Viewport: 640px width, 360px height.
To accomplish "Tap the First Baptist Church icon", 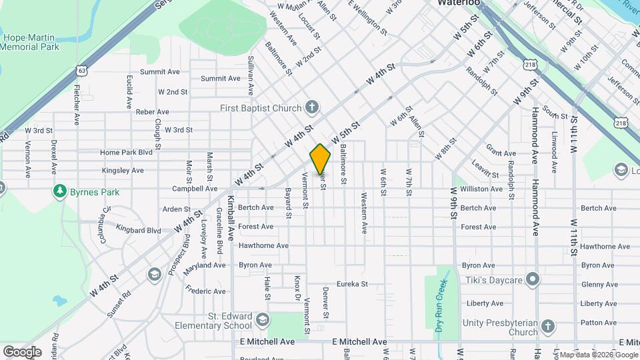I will click(x=311, y=107).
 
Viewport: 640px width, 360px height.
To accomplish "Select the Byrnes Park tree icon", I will click(x=60, y=192).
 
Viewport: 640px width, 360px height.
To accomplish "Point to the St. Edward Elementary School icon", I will click(x=262, y=321).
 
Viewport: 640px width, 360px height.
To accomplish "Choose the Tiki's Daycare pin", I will click(x=532, y=279).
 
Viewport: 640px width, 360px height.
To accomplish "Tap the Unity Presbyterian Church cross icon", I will click(x=547, y=326).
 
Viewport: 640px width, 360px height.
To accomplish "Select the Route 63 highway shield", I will click(x=81, y=69).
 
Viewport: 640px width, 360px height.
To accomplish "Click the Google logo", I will click(x=22, y=351).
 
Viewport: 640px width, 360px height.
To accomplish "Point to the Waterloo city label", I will click(x=459, y=3).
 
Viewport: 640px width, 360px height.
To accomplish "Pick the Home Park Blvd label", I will click(x=127, y=153).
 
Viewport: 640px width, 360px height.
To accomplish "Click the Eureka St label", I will click(x=352, y=284).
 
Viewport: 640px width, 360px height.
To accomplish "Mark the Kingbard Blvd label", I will click(x=138, y=231).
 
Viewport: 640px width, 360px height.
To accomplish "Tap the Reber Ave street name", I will click(x=153, y=112).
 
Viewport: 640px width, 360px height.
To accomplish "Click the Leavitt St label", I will click(x=485, y=169).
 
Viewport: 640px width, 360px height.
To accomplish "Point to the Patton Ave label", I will click(x=598, y=323).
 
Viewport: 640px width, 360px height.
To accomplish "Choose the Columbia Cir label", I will click(x=104, y=225).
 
